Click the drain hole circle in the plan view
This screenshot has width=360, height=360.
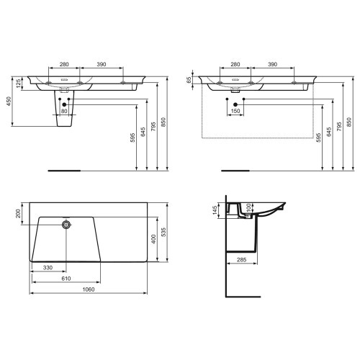click(67, 225)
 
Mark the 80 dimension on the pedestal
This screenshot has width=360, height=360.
click(63, 112)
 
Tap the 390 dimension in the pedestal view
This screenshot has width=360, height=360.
click(102, 65)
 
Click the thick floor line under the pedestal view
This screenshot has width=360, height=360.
click(63, 171)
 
